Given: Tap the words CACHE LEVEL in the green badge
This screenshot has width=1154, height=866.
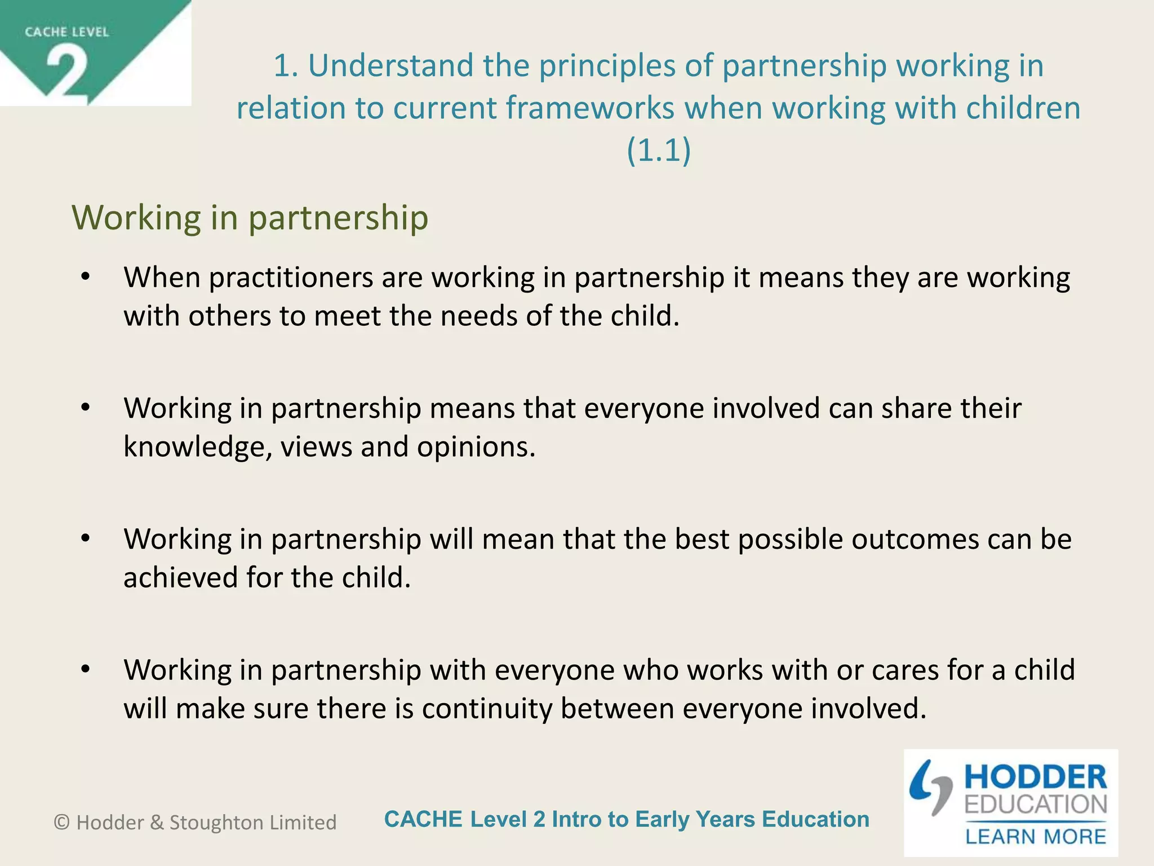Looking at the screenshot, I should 66,32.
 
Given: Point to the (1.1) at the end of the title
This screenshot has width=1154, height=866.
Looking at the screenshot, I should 658,151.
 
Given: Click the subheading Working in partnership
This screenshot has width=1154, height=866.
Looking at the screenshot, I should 250,218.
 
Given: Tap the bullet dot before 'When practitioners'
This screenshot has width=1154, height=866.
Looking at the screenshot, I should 85,277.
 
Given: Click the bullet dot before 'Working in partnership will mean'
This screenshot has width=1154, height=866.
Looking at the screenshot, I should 85,538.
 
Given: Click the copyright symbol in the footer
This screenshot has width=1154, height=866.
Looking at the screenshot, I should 62,823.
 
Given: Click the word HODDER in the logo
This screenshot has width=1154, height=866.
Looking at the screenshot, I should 1036,777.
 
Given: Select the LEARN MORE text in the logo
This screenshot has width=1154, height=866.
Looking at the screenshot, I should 1036,837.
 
